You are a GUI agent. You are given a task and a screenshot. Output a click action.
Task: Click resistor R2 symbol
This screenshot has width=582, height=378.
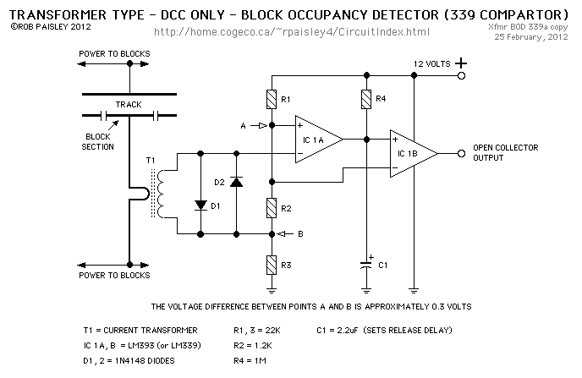coord(271,207)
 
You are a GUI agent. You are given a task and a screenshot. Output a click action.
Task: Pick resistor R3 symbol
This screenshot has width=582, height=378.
coord(271,264)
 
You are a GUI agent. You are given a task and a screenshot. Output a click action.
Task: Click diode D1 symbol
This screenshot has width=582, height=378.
coord(200,205)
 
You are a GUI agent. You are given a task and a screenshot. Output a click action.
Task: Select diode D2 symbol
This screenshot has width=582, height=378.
coord(236,181)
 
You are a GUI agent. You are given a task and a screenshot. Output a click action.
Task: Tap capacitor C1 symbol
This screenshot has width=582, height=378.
coord(366,264)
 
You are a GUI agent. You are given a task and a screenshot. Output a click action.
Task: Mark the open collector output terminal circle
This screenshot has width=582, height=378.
coord(461,153)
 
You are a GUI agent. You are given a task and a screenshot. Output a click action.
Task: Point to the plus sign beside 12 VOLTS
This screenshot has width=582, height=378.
coord(461,63)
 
